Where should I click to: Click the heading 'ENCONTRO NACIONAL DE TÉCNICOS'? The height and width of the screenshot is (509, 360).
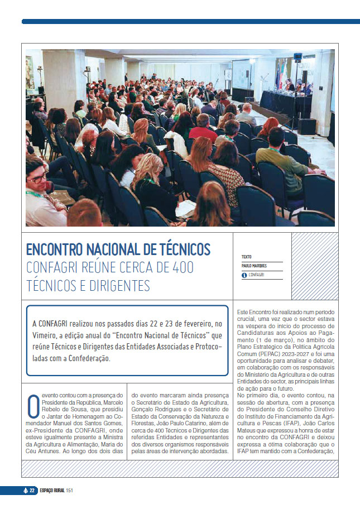[x=118, y=249]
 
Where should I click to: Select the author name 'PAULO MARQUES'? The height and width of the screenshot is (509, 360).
[x=255, y=266]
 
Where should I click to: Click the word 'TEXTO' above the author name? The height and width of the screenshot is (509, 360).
[x=247, y=257]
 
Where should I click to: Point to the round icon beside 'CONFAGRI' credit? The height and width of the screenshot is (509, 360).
[x=244, y=275]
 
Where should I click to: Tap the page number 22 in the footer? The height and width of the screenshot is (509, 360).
[x=32, y=491]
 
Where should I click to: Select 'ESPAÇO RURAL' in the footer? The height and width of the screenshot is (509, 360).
[x=51, y=491]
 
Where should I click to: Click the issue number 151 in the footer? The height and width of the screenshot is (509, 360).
[x=70, y=491]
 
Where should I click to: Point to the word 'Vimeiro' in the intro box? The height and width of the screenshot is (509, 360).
[x=46, y=335]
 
